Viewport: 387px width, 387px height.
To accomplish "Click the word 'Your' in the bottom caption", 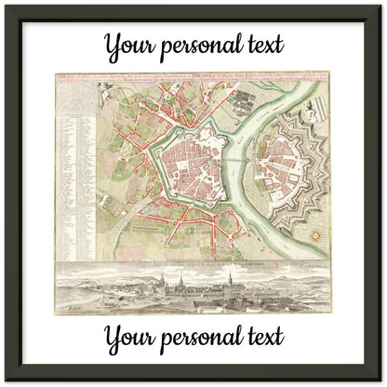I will (128, 336).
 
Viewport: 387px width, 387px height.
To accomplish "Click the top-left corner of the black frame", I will (7, 7).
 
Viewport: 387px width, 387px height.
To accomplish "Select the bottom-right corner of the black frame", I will (380, 380).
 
